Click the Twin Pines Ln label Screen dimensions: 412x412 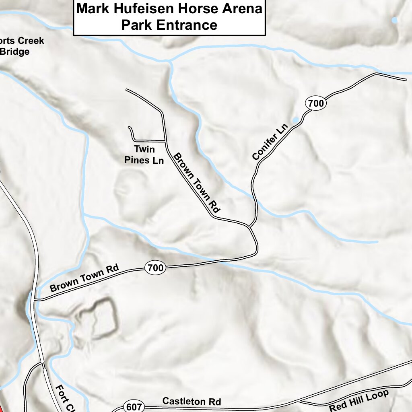pyautogui.click(x=144, y=155)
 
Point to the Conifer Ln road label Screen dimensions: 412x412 pyautogui.click(x=270, y=142)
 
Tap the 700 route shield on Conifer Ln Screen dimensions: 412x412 pyautogui.click(x=316, y=103)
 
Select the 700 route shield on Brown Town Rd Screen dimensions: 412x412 pyautogui.click(x=155, y=267)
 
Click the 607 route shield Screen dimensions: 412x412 pyautogui.click(x=133, y=407)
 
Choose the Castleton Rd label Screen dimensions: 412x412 pyautogui.click(x=192, y=401)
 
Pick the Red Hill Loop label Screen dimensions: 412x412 pyautogui.click(x=359, y=400)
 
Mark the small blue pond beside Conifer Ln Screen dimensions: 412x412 pyautogui.click(x=296, y=120)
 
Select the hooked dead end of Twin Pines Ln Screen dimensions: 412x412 pyautogui.click(x=129, y=128)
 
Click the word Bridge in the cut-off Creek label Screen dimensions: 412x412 pyautogui.click(x=15, y=51)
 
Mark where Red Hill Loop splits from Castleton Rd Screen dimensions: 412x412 pyautogui.click(x=298, y=402)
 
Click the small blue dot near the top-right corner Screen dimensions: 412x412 pyautogui.click(x=395, y=20)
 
